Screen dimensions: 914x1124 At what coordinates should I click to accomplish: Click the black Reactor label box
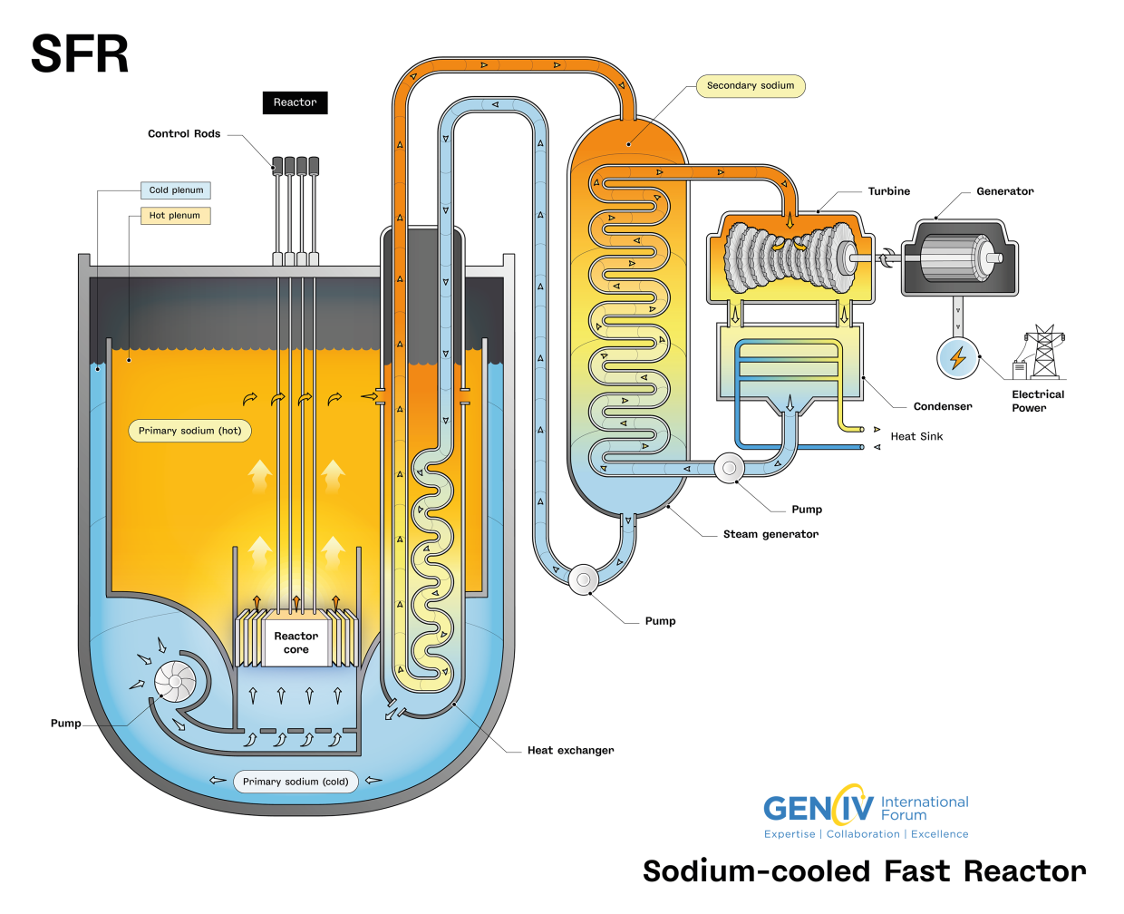(295, 102)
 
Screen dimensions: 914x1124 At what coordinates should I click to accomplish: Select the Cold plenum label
(176, 190)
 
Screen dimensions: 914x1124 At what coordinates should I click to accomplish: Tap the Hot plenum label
(175, 216)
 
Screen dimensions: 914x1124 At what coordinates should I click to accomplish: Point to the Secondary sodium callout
(750, 86)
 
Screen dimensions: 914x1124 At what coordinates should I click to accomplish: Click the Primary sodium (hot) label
(189, 431)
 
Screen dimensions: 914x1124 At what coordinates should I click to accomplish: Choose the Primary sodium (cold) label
(296, 782)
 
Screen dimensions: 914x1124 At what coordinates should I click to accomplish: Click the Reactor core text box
(296, 643)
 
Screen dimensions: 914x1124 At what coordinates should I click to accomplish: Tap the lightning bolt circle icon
(957, 358)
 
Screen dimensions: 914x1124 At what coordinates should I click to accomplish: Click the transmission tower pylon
(1044, 352)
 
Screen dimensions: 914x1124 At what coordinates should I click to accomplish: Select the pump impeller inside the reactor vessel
(175, 681)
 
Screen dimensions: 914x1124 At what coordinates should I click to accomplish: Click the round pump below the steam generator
(584, 579)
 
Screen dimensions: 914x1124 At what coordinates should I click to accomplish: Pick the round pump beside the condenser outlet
(729, 468)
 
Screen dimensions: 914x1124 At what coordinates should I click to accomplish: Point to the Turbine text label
(888, 191)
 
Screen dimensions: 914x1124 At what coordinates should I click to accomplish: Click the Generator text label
(1004, 191)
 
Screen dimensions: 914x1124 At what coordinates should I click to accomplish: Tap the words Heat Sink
(916, 436)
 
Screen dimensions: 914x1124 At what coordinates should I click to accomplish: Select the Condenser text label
(943, 406)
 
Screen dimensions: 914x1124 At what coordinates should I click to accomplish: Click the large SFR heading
(80, 54)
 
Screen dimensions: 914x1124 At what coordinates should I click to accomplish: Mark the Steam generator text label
(770, 534)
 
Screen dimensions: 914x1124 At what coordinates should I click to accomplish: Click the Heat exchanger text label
(570, 750)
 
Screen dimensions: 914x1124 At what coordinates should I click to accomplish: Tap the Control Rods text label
(184, 133)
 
